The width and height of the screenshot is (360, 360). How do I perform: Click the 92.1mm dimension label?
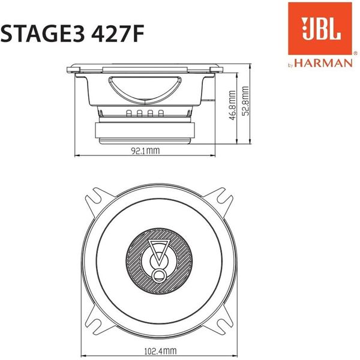click(145, 152)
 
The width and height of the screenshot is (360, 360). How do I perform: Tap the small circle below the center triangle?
click(159, 275)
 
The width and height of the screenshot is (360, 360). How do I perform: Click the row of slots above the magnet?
click(144, 113)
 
